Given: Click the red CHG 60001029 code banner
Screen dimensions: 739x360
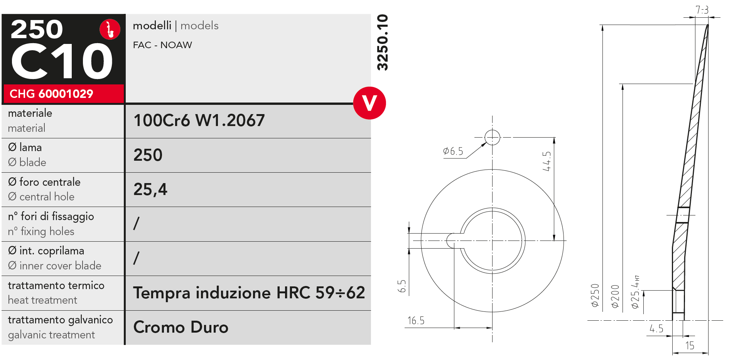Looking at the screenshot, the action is (64, 94).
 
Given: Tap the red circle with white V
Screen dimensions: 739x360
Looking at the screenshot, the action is (369, 103).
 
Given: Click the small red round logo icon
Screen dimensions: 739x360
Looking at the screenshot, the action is (110, 29).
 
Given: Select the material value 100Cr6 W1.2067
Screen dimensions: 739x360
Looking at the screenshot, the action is (199, 120).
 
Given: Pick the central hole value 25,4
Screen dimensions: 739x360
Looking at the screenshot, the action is (150, 189).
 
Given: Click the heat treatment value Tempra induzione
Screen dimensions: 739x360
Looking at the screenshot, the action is (249, 293).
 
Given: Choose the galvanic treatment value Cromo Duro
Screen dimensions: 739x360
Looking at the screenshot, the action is (181, 327).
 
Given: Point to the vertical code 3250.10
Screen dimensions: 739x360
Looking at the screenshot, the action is (382, 42).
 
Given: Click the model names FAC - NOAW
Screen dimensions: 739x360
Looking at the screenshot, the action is (162, 45).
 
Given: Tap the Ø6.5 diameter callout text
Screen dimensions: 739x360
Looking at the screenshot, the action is (453, 151).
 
